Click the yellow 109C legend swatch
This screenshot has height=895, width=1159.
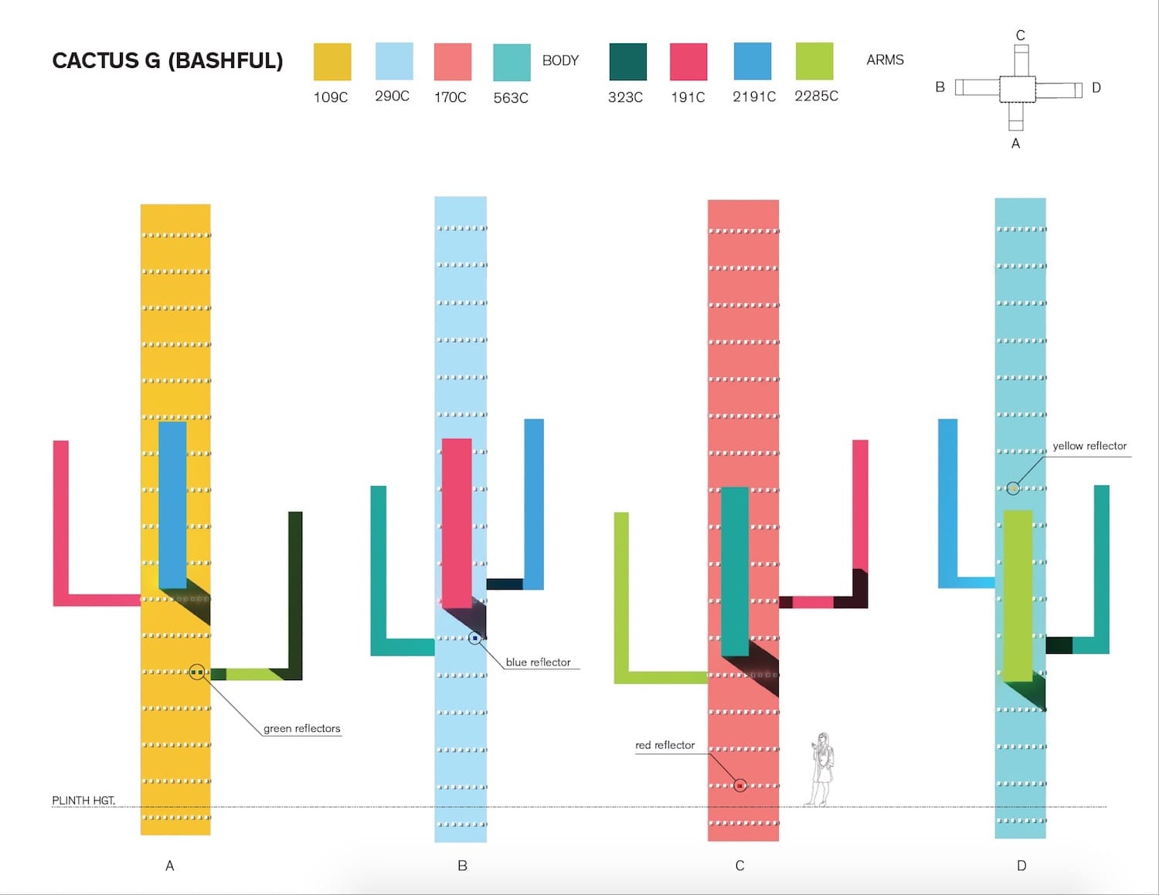coord(332,62)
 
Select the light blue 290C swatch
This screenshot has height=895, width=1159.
coord(393,61)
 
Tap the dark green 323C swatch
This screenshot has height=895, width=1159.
coord(627,62)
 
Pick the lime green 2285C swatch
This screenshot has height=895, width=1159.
coord(814,61)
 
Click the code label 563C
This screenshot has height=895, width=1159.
coord(511,98)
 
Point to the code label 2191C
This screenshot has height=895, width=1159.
coord(753,97)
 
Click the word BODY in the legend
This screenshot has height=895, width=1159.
coord(560,60)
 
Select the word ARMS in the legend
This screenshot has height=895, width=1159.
coord(885,60)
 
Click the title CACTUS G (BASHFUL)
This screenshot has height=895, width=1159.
coord(167,61)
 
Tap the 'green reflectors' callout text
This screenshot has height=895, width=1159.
coord(301,729)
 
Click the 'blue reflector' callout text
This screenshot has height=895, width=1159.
coord(538,662)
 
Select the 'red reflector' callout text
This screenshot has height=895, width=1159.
coord(664,745)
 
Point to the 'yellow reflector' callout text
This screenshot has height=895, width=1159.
coord(1089,446)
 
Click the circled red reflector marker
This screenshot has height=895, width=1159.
coord(740,785)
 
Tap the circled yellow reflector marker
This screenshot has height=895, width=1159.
coord(1013,488)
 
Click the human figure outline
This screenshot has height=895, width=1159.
coord(821,769)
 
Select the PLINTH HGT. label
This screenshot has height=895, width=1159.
coord(83,800)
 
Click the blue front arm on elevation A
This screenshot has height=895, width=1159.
coord(172,504)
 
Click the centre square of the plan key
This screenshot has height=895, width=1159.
coord(1017,89)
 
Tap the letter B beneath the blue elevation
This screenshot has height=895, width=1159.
coord(462,866)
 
